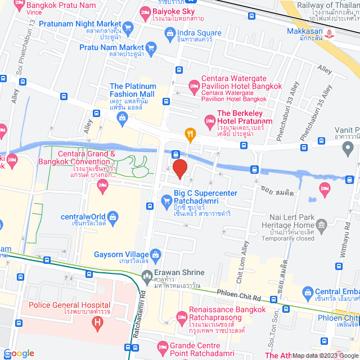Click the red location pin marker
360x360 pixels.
[x=179, y=169]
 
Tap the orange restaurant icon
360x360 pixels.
[x=190, y=134]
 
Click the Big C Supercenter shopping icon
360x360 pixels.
[x=166, y=200]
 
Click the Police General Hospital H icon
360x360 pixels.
[x=98, y=323]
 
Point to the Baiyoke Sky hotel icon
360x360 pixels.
[x=145, y=11]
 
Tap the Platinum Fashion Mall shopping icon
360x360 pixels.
[x=122, y=117]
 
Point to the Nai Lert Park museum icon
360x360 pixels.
[x=321, y=226]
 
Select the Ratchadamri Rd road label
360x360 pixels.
[x=136, y=315]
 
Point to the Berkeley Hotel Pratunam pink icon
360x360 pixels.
[x=209, y=119]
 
